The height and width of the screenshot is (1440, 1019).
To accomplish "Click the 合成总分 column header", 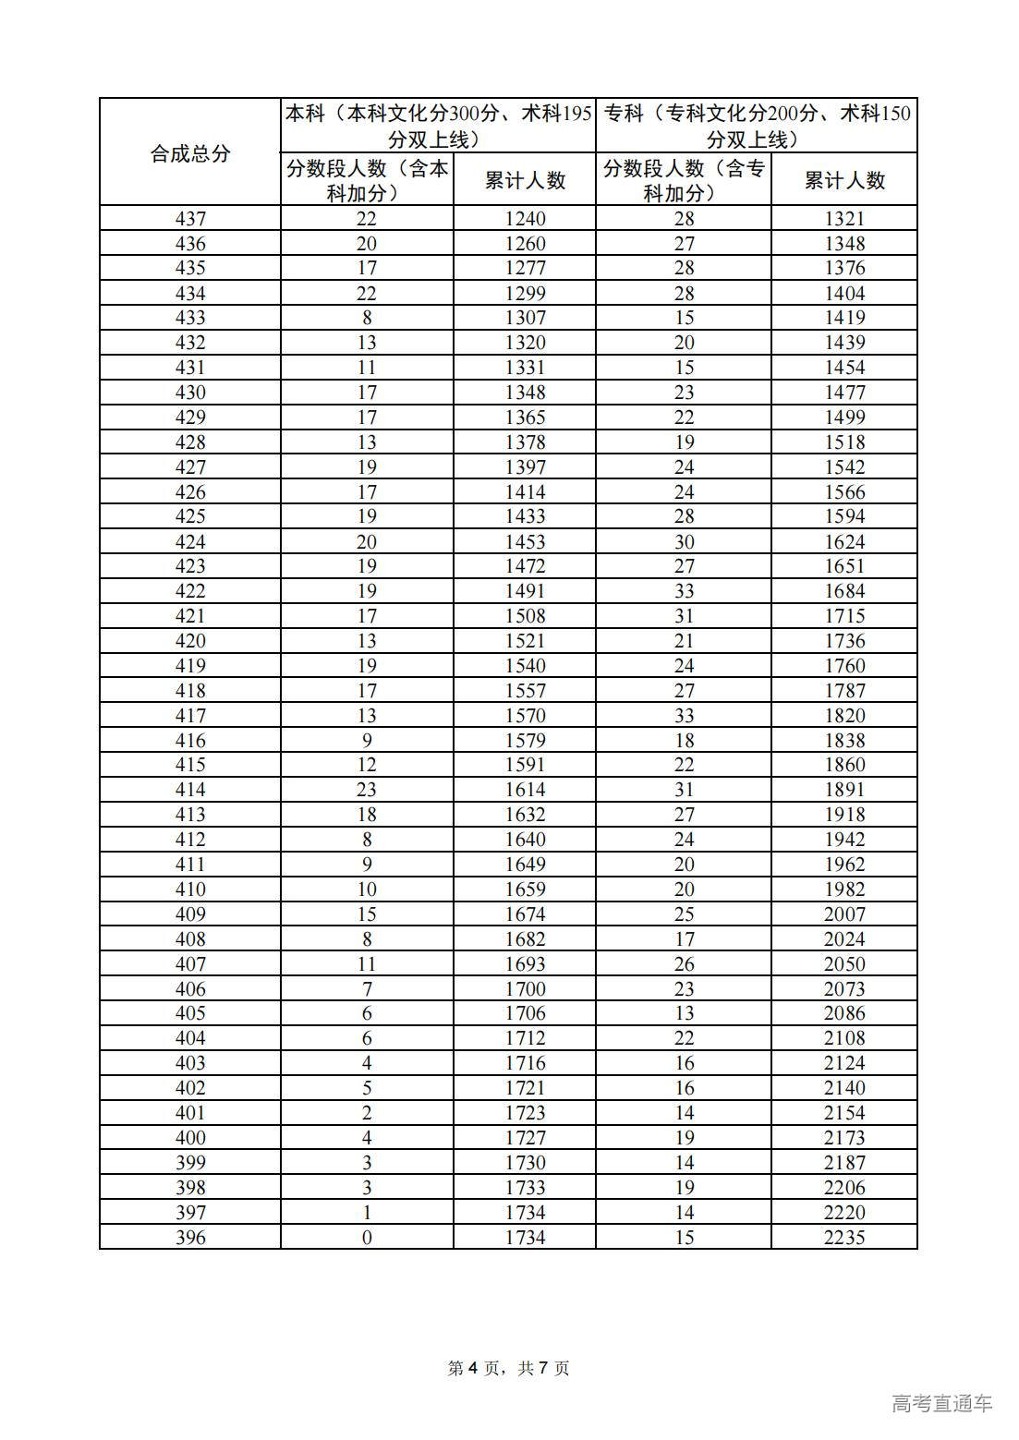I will (x=189, y=153).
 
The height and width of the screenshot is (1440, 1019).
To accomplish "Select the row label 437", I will (x=190, y=219).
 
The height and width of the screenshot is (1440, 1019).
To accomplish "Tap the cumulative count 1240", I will (x=525, y=219).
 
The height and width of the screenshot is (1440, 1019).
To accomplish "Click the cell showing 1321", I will (x=844, y=219).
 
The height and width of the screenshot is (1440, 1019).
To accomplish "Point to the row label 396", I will (x=190, y=1237).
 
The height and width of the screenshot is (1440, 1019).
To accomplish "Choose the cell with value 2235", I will (x=844, y=1237).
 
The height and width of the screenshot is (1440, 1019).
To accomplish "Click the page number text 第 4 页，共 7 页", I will (x=508, y=1368).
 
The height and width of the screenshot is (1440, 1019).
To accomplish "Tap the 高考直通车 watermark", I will (x=942, y=1404).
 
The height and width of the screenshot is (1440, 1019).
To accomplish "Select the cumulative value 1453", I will (x=525, y=542).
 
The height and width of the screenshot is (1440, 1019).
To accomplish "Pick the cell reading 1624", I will (x=844, y=542).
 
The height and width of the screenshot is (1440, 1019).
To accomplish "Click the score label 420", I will (x=190, y=641).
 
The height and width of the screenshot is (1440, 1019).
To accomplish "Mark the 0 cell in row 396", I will (x=367, y=1237).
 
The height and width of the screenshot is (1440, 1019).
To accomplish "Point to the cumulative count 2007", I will (x=844, y=914).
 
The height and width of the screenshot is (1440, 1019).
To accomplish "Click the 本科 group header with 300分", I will (x=438, y=126).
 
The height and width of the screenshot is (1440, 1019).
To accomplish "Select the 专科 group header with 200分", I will (x=757, y=126).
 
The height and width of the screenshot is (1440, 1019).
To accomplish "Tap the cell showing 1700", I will (x=525, y=989).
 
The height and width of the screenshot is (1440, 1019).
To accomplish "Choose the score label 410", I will (x=190, y=889).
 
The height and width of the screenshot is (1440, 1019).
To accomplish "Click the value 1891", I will (x=844, y=790).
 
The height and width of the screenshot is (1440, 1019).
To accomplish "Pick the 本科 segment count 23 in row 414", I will (x=367, y=790).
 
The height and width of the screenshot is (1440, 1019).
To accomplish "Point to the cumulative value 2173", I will (x=844, y=1138).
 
